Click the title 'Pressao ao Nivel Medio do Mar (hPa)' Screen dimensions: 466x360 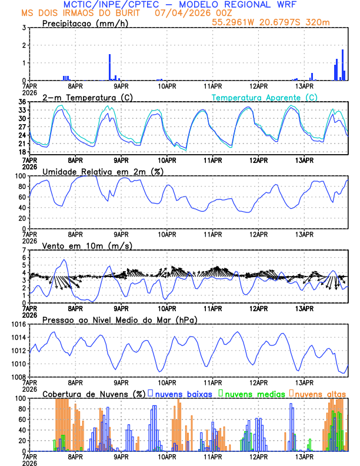[119, 319]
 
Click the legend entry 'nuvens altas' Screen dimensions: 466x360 [320, 394]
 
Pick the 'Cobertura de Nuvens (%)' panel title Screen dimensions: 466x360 [94, 394]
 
